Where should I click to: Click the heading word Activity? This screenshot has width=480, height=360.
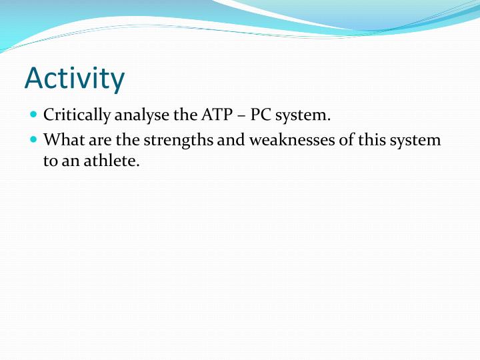pos(74,79)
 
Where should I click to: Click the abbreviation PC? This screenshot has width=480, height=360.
pos(260,115)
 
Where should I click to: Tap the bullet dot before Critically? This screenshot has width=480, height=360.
pos(34,115)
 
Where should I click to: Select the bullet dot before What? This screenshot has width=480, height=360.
pos(34,141)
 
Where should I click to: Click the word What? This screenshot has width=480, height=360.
pos(61,141)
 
